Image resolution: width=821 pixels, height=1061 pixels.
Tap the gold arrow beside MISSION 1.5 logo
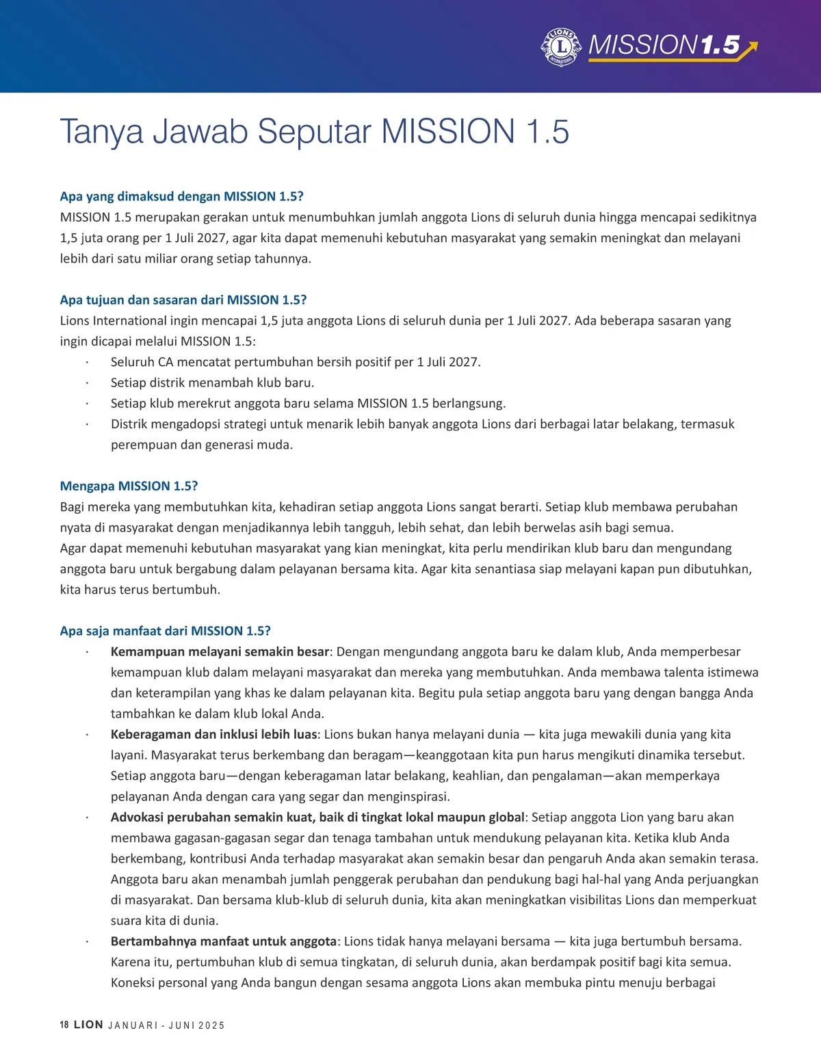(750, 48)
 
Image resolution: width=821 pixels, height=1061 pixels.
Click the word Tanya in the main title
(101, 132)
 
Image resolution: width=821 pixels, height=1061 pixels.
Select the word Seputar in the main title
(314, 132)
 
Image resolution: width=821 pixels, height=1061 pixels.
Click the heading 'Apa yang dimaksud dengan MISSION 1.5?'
(181, 196)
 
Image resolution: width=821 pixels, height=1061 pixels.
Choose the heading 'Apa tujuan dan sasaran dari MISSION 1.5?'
(183, 300)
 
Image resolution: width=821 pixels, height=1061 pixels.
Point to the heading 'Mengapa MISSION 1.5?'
(129, 486)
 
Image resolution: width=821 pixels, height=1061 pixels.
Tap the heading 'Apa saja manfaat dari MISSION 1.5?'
(165, 631)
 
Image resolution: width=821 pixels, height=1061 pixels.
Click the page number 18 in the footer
(64, 1025)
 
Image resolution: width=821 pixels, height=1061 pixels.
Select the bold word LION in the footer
(88, 1025)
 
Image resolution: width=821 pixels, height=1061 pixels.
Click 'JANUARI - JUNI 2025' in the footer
(166, 1025)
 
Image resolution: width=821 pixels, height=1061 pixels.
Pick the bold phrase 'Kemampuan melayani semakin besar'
(220, 652)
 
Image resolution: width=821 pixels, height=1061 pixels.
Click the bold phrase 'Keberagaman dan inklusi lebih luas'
(213, 735)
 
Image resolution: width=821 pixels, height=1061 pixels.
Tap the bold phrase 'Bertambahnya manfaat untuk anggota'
(223, 941)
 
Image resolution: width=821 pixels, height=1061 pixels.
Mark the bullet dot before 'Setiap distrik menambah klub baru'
(87, 383)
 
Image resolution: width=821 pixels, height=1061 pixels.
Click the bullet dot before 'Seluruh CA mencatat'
(87, 363)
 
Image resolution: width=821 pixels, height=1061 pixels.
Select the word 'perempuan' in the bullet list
(139, 445)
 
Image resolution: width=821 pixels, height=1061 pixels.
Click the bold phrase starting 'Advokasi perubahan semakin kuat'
(317, 817)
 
